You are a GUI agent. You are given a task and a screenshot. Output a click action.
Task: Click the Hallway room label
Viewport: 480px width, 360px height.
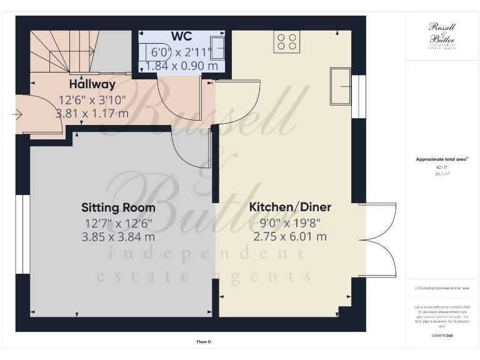coord(92,84)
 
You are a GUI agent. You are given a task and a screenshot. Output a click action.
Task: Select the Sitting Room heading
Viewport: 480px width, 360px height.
coord(118,207)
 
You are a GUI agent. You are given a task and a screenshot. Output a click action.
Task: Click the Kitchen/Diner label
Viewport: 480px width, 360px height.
coord(290,207)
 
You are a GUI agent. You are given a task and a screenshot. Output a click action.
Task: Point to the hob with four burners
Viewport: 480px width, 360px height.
coord(287,41)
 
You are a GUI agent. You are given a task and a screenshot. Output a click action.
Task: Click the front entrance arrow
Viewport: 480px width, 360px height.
coord(17,114)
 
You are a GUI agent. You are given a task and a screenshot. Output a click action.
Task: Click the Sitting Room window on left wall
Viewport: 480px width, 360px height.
coord(23,234)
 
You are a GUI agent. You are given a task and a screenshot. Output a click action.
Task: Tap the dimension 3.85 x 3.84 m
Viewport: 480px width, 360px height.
coord(118,237)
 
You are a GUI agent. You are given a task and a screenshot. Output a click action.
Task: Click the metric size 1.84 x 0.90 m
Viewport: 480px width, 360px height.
coord(182,65)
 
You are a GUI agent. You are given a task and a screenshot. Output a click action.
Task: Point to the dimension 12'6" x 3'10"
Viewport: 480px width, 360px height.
coord(92,99)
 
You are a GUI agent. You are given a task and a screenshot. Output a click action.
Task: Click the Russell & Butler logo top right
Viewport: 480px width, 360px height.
coord(442,34)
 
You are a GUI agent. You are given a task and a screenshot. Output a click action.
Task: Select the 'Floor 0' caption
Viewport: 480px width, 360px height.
coord(204,342)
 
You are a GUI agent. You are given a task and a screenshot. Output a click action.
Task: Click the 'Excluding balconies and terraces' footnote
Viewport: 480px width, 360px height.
coord(442,288)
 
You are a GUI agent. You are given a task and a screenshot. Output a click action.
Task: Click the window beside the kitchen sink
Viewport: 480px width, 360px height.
coord(359,96)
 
